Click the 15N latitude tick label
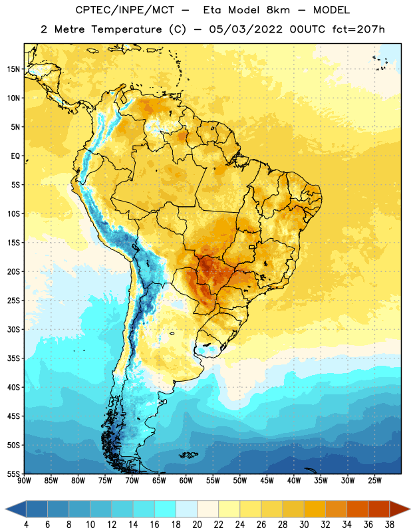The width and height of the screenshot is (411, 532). [x=13, y=69]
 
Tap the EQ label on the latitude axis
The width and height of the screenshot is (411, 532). [x=15, y=156]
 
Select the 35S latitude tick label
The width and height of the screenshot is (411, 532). [x=13, y=358]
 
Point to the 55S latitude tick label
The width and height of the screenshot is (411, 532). [x=13, y=474]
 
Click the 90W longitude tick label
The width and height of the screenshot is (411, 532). [x=24, y=481]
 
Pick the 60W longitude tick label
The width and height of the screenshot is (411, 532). [x=186, y=481]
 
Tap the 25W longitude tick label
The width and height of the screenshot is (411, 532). [x=374, y=481]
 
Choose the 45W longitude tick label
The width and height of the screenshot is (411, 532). [x=267, y=481]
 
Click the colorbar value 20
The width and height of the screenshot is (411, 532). [x=197, y=525]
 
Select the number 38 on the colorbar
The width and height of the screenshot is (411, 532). [x=389, y=525]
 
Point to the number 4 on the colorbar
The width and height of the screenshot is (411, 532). [x=26, y=525]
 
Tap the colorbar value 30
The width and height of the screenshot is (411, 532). [x=304, y=525]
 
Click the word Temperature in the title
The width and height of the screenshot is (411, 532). [x=126, y=29]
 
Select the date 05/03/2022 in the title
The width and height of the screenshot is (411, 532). [x=245, y=29]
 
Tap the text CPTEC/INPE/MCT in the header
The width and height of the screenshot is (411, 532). [x=125, y=10]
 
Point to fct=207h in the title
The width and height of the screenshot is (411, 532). [x=358, y=29]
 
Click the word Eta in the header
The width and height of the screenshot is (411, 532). [x=211, y=10]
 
